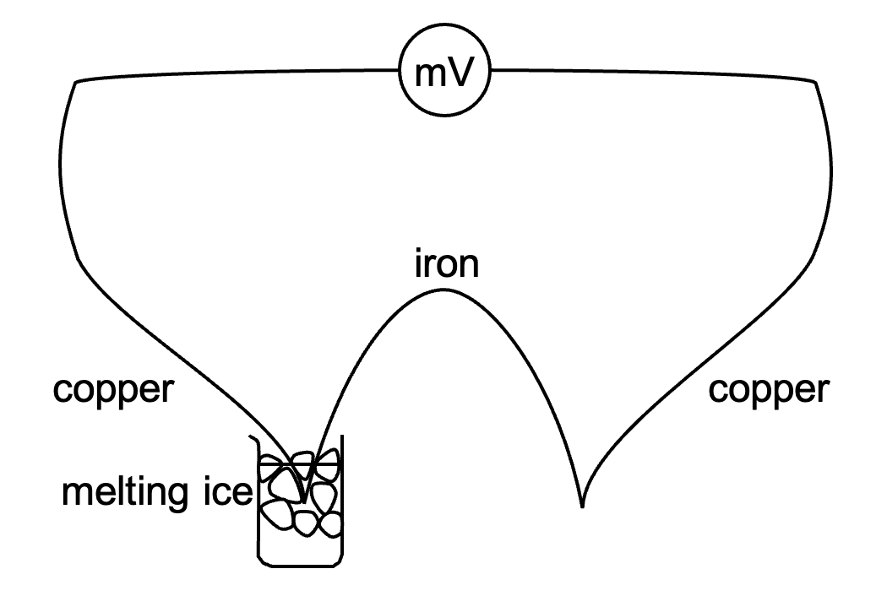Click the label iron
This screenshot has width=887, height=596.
click(x=446, y=265)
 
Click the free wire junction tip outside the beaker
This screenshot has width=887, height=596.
click(x=581, y=506)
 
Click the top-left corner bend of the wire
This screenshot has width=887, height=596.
click(x=77, y=82)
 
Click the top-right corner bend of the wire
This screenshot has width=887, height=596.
click(x=814, y=82)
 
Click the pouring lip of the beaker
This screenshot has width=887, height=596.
click(x=251, y=440)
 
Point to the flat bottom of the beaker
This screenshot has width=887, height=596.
click(x=301, y=563)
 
